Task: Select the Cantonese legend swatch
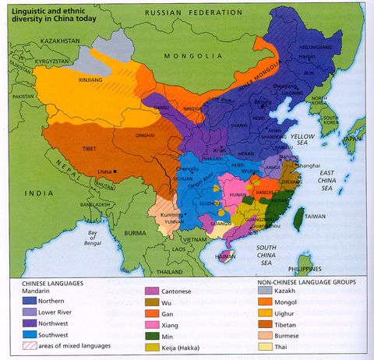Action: point(150,293)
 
